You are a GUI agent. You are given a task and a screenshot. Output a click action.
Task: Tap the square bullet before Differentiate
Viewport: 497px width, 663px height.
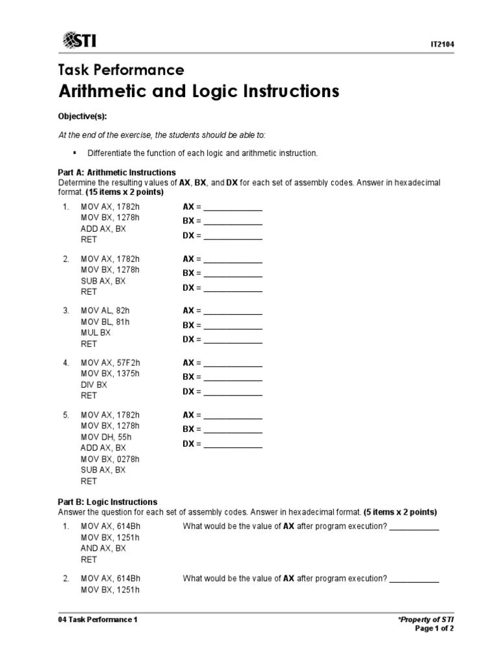tap(75, 152)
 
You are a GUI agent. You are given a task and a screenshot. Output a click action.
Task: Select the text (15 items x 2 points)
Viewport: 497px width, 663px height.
tap(124, 192)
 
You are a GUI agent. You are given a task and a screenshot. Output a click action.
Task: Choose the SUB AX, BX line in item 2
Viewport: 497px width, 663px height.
tap(104, 281)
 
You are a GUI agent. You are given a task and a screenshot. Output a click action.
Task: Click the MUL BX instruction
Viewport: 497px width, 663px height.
tap(96, 333)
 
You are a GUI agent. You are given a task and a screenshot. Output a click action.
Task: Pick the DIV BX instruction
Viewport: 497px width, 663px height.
tap(94, 385)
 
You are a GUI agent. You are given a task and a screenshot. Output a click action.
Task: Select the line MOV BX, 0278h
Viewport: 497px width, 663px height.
tap(110, 459)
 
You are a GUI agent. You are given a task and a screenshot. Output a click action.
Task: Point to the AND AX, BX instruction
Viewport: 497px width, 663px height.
tap(104, 548)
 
